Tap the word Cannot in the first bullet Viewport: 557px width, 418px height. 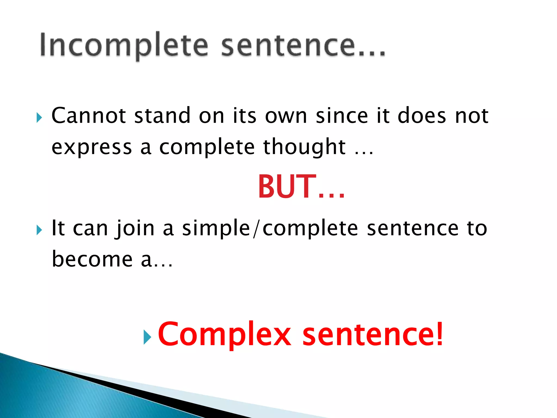tap(88, 116)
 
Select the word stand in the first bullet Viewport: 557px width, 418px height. tap(162, 116)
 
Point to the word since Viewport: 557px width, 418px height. tap(342, 116)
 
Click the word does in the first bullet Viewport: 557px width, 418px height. tap(422, 116)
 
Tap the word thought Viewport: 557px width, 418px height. tap(304, 147)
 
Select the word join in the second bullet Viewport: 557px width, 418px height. tap(135, 229)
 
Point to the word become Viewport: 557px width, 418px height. tap(92, 259)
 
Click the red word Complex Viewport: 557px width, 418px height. tap(225, 334)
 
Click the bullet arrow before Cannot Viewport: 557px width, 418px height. tap(39, 118)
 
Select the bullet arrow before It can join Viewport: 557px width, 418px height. tap(39, 230)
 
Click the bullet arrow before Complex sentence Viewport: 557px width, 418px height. tap(147, 337)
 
